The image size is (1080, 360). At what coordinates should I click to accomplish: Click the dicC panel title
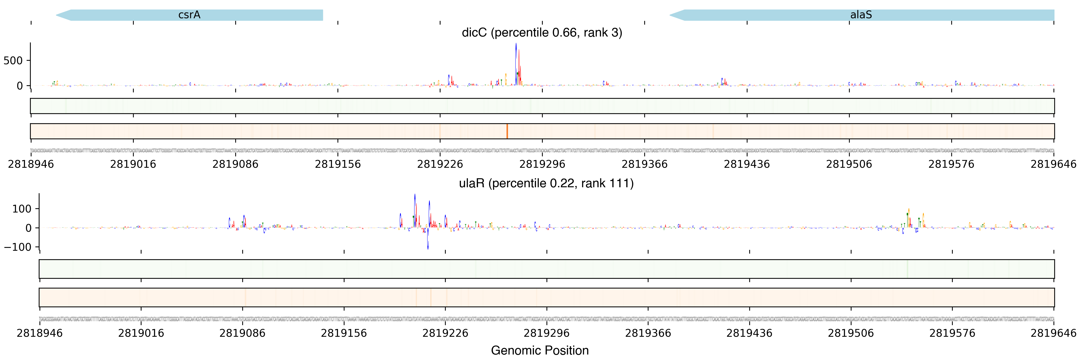(542, 33)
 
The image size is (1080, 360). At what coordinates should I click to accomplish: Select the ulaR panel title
(546, 183)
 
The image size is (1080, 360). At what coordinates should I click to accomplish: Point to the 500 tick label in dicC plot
(13, 61)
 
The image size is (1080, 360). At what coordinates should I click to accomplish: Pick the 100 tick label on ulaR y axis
(22, 209)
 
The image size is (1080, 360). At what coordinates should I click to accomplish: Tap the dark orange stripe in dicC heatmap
(507, 131)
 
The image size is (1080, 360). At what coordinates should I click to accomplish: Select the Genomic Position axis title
(539, 350)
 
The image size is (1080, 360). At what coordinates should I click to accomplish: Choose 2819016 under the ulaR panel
(141, 333)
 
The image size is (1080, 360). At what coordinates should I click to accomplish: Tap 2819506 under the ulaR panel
(851, 333)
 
